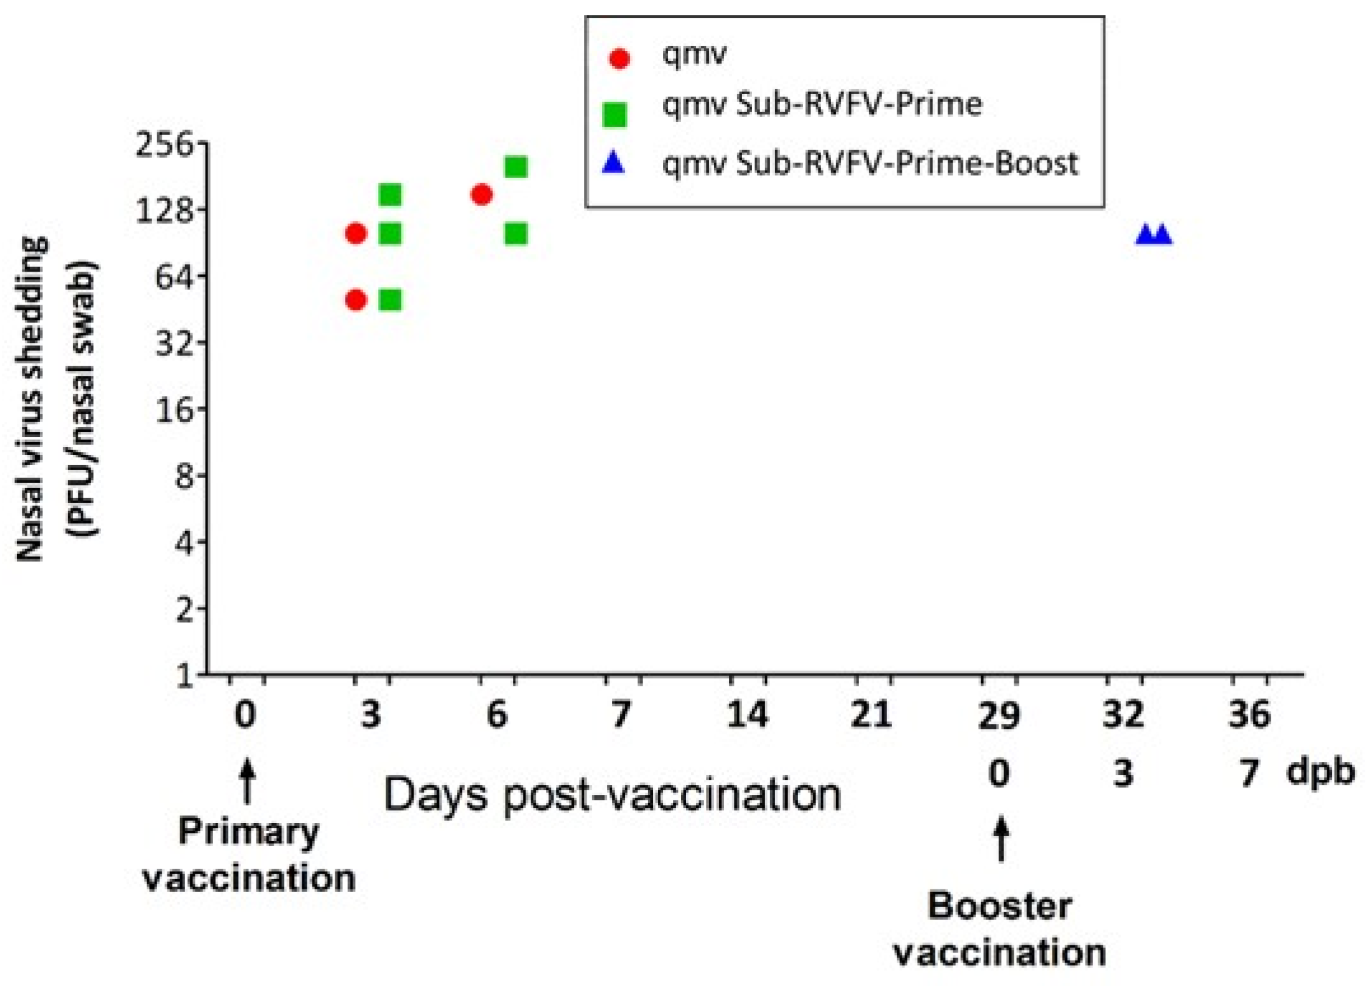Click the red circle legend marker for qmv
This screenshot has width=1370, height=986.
pos(619,59)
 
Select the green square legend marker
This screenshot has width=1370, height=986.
pos(615,115)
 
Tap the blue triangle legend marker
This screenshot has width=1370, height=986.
pos(615,165)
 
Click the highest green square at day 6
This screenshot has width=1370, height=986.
pos(516,167)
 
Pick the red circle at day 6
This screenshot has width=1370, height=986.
pos(482,195)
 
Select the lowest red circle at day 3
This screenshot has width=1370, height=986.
pos(356,300)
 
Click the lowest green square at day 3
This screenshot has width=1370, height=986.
pos(390,300)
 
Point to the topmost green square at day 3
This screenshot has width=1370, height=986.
pos(390,195)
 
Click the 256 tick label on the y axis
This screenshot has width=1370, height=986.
pos(164,146)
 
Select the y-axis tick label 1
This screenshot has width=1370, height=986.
pos(184,676)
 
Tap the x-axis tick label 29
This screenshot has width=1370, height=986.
pos(999,716)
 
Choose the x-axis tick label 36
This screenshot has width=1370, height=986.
pos(1250,716)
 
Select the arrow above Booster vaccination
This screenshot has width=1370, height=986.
pos(1002,840)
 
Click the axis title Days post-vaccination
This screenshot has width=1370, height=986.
pos(612,795)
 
